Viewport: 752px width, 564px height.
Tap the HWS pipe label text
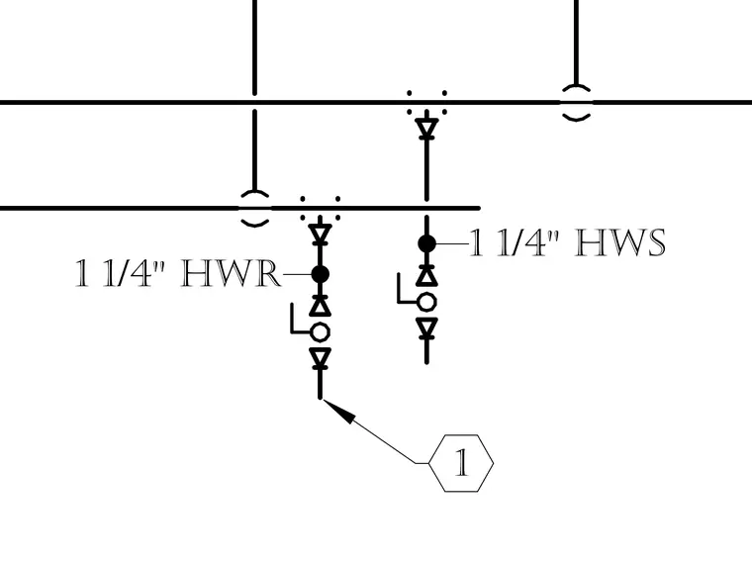(567, 242)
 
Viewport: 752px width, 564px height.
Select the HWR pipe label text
(177, 273)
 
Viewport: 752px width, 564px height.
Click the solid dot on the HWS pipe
(426, 243)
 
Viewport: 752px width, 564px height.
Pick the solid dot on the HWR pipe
(321, 274)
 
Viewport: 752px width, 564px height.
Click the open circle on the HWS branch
(426, 303)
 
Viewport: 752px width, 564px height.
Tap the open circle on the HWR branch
(321, 331)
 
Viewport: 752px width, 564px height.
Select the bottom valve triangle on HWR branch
(321, 358)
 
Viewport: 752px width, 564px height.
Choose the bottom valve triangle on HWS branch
(426, 329)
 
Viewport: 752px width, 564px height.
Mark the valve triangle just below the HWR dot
(321, 305)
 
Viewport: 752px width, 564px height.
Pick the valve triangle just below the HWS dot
(426, 275)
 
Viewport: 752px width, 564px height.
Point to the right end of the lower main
(479, 208)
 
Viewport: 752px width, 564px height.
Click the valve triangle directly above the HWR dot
(321, 235)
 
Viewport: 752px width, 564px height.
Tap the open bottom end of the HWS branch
(426, 362)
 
